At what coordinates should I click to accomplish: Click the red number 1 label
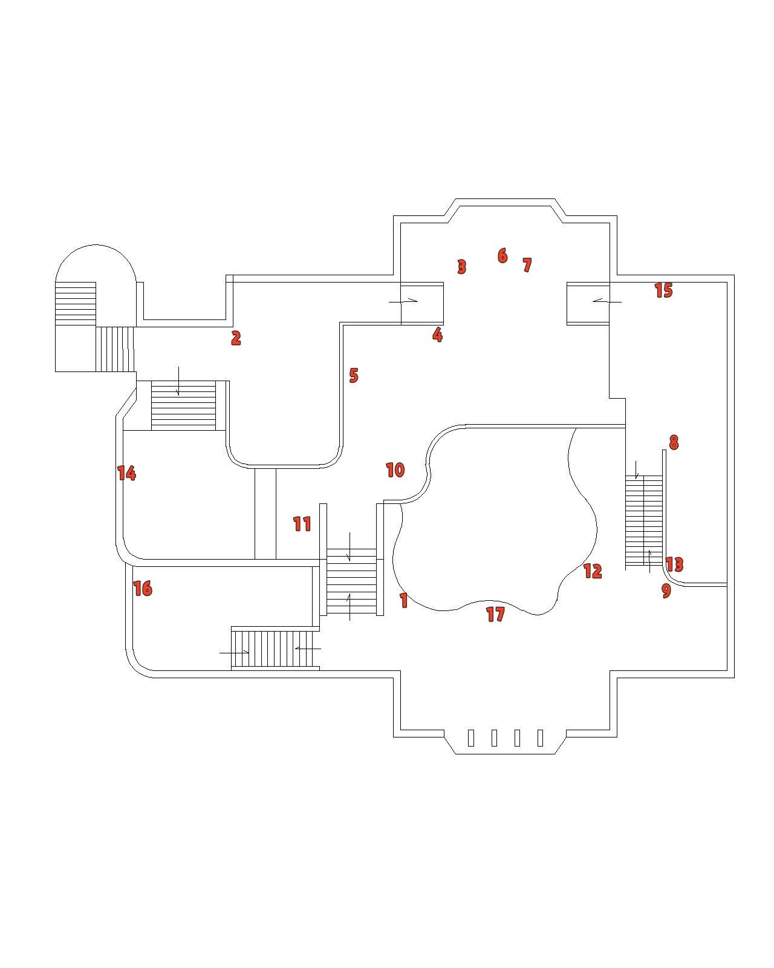(404, 600)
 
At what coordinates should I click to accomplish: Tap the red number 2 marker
(236, 338)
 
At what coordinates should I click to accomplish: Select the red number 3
(462, 267)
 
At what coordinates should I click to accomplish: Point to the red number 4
(437, 335)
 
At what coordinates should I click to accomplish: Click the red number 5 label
(354, 376)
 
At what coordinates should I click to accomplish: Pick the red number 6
(502, 256)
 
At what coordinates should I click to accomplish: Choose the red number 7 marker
(527, 265)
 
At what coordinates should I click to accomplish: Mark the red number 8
(674, 443)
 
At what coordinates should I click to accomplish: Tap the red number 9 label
(666, 590)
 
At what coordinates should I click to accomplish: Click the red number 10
(395, 470)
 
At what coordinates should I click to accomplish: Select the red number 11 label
(302, 524)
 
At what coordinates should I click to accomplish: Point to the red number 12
(593, 571)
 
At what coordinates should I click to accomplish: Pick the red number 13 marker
(674, 564)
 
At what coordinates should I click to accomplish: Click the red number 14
(126, 473)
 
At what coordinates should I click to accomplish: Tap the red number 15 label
(663, 291)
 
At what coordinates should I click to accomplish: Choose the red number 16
(143, 589)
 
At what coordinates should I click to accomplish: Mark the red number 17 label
(495, 615)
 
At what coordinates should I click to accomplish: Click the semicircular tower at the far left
(95, 266)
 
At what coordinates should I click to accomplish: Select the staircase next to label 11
(351, 581)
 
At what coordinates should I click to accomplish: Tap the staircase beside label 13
(643, 520)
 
